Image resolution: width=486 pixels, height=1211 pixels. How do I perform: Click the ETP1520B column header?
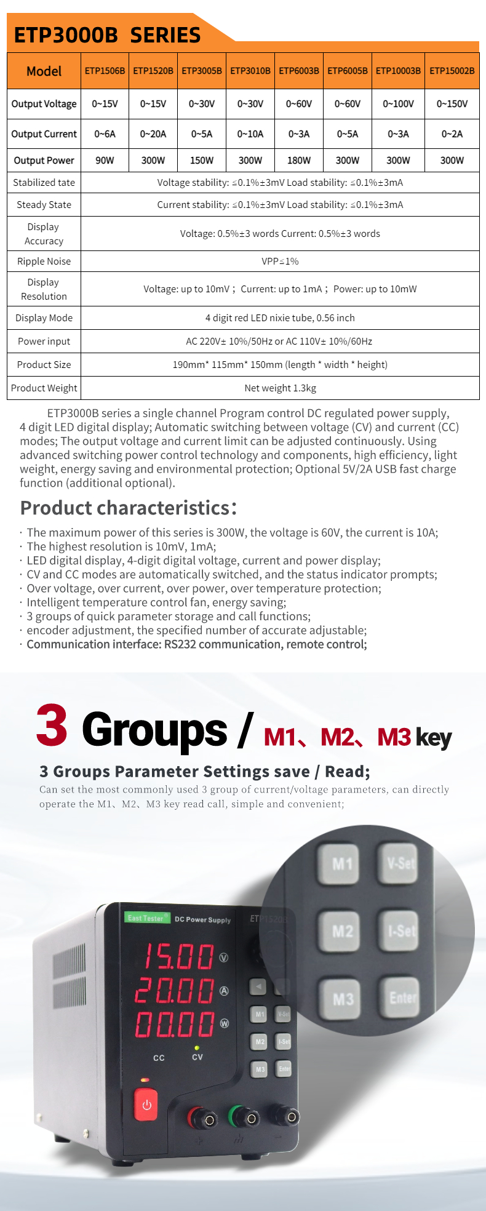pos(153,71)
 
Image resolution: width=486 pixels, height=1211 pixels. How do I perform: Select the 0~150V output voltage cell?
pos(452,104)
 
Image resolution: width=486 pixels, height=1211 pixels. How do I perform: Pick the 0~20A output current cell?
pos(153,134)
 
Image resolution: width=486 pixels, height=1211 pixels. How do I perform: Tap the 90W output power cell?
pos(105,160)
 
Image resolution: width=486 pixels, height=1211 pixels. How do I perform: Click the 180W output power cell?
pos(299,160)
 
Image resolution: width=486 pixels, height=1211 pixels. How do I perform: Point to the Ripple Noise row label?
pos(44,262)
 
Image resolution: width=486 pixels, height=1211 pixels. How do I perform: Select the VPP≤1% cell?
pos(280,262)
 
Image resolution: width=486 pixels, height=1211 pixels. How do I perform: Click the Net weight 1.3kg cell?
pos(280,388)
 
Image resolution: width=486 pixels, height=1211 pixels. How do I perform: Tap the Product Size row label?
pos(44,365)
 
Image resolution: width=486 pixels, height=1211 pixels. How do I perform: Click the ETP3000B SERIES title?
pos(108,35)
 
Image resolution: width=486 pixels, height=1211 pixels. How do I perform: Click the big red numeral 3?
pos(52,726)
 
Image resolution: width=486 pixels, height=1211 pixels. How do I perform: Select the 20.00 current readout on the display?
pos(176,991)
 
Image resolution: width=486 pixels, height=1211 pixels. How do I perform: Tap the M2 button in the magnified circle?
pos(342,931)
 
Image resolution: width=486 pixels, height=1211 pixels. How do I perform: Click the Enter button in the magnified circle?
pos(402,997)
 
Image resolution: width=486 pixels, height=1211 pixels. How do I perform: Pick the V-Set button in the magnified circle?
pos(400,863)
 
